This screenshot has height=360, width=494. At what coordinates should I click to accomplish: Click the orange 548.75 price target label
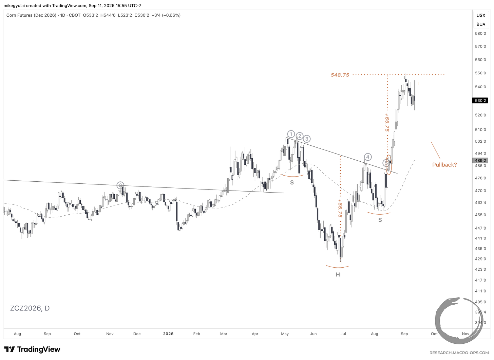point(340,75)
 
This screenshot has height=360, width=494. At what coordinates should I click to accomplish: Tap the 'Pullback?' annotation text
point(444,165)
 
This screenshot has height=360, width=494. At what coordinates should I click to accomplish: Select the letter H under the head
point(338,274)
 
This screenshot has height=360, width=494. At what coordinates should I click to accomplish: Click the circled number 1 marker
point(291,134)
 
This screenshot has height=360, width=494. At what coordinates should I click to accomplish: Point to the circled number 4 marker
point(368,157)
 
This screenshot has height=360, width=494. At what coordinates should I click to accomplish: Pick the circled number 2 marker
point(300,136)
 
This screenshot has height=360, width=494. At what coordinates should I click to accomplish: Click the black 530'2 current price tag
point(480,101)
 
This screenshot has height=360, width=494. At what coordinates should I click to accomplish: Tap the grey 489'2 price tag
point(480,160)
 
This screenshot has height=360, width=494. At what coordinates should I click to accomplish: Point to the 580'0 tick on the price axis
point(480,34)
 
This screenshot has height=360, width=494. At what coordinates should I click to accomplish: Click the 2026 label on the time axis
point(168,334)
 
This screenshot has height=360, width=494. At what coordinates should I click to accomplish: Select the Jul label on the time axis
point(343,334)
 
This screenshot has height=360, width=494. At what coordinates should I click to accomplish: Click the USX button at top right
point(481,15)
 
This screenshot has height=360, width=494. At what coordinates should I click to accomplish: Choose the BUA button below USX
point(481,24)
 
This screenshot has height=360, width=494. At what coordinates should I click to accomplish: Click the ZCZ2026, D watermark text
point(30,308)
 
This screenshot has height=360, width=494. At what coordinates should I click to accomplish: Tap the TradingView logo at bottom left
point(32,349)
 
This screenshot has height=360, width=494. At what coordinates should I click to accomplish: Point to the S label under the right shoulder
point(380,220)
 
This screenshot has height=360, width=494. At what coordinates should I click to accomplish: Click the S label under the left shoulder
point(292,182)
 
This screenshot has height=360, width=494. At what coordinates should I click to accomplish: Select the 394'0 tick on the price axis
point(480,323)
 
